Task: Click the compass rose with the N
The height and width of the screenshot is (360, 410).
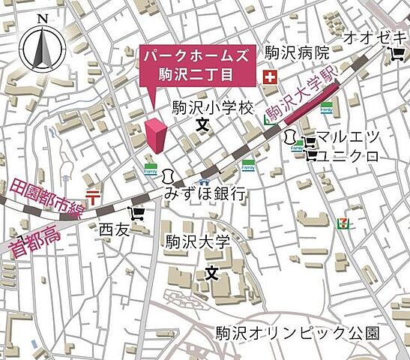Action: point(41,49)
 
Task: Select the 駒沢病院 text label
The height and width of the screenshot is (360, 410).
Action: point(298,53)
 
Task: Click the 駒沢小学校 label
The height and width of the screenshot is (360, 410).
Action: point(214,108)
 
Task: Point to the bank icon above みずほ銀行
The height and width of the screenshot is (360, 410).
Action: point(169,176)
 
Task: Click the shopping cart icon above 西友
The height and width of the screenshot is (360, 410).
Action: point(136,213)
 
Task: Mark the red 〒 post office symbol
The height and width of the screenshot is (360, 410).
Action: point(93,196)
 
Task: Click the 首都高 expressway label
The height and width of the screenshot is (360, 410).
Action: point(33,233)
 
